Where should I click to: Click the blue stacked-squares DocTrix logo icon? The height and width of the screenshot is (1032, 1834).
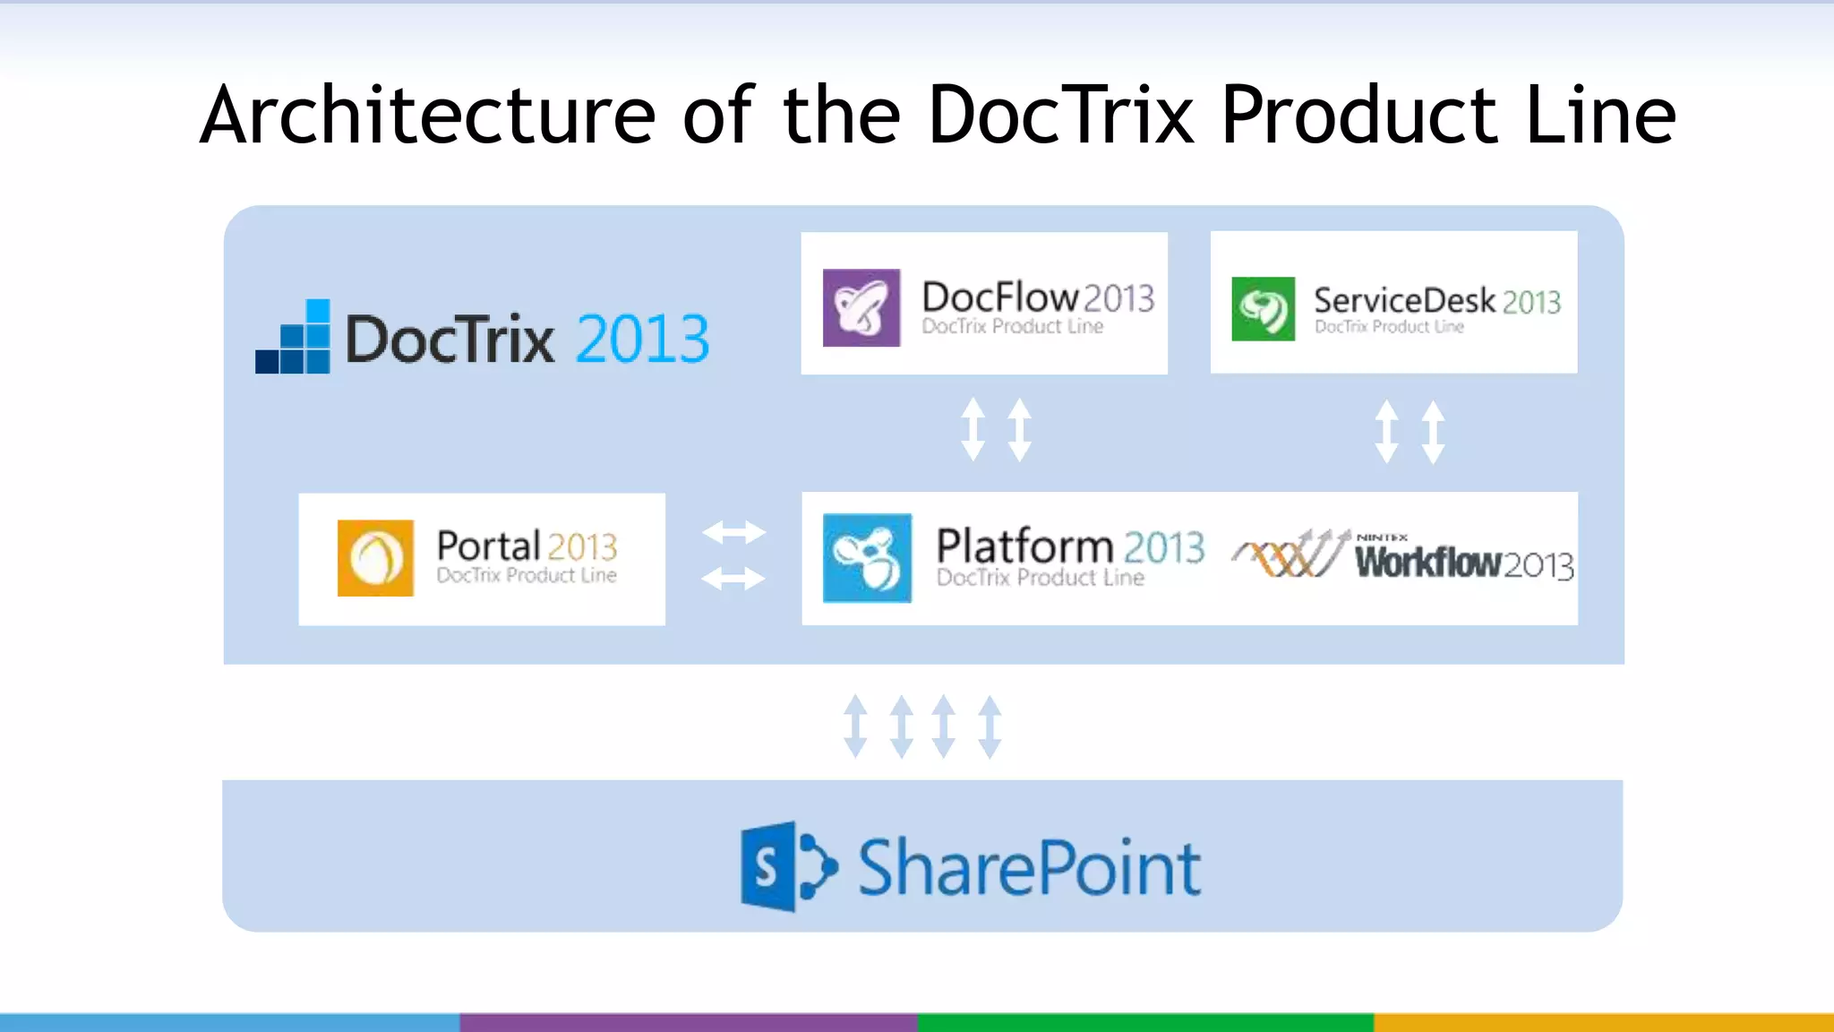coord(294,338)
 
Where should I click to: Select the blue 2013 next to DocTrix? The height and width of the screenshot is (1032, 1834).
coord(642,340)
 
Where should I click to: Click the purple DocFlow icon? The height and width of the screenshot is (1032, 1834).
coord(861,307)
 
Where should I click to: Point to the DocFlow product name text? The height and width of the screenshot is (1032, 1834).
coord(999,297)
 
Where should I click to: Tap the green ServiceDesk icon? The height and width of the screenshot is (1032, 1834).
coord(1263,309)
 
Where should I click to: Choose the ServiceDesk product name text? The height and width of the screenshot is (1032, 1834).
coord(1404,300)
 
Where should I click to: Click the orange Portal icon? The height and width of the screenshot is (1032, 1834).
coord(375,557)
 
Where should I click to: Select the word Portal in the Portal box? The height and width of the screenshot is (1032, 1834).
coord(488,546)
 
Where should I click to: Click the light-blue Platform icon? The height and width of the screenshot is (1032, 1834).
coord(867,557)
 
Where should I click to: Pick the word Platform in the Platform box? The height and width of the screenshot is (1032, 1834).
coord(1024,546)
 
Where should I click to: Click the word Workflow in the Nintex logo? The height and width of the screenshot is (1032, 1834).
coord(1427,563)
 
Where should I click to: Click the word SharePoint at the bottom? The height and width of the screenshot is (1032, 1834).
coord(1030,867)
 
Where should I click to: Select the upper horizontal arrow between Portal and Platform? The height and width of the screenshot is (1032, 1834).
coord(733,533)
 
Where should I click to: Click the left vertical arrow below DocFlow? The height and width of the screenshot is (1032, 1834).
coord(973,430)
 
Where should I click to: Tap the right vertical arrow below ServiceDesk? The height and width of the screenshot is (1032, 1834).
coord(1434,432)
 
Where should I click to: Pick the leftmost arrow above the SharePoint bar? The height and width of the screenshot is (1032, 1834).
coord(855,726)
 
